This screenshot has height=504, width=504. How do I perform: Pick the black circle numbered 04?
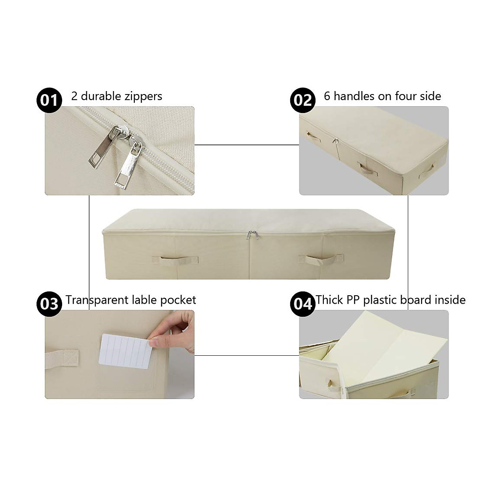click(x=303, y=303)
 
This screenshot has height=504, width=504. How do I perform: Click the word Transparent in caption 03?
click(x=97, y=300)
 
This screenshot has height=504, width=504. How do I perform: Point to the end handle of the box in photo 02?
click(x=427, y=170)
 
